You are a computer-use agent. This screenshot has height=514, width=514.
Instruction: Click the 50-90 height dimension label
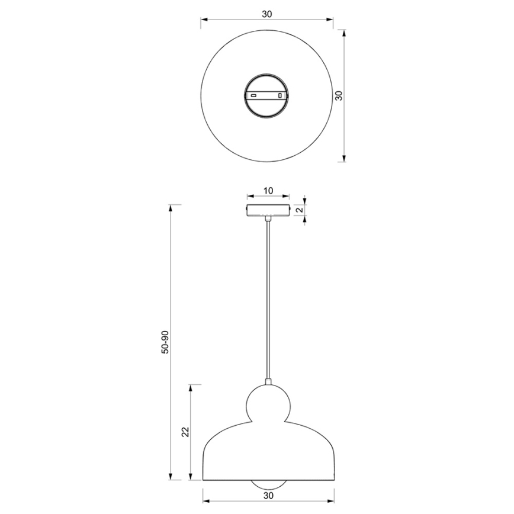click(165, 342)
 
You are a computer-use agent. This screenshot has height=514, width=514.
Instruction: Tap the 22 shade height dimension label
click(185, 432)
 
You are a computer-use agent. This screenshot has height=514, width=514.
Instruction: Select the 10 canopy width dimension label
click(268, 191)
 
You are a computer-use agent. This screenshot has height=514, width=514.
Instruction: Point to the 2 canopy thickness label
click(300, 210)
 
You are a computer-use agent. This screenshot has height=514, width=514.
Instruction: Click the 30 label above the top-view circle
click(268, 14)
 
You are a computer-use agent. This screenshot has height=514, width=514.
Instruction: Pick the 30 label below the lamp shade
click(268, 496)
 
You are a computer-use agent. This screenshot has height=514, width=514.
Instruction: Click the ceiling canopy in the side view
click(268, 210)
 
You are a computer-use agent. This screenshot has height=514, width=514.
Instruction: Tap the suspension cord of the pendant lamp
click(268, 296)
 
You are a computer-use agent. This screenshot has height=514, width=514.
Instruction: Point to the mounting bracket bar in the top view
click(266, 95)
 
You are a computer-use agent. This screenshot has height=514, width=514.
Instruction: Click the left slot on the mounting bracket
click(253, 95)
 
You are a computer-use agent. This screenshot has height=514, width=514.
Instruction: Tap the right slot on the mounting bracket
click(281, 95)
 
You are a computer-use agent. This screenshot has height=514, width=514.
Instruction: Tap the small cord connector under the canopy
click(268, 219)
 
